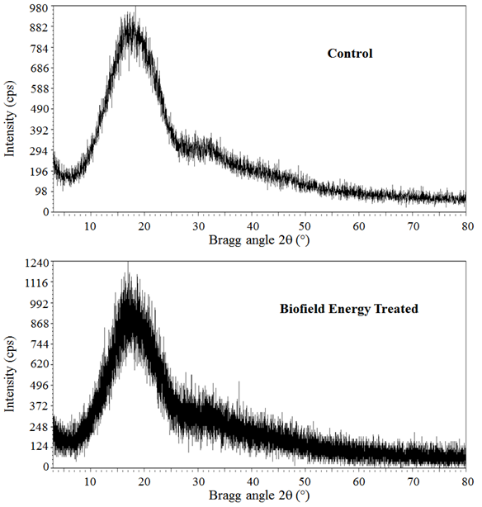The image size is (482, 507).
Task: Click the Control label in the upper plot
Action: pos(350,54)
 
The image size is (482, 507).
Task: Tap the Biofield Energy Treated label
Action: pos(349,309)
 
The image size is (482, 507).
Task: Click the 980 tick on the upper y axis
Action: pos(40,7)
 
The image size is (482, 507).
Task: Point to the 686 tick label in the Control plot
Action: pos(40,69)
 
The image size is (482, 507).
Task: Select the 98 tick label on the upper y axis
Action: pos(43,192)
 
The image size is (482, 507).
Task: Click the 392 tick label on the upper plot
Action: pos(40,130)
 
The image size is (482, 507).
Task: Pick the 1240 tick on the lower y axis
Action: pos(37,263)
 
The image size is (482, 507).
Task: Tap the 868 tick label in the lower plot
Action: pos(40,324)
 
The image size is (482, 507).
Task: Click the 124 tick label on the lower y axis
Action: pos(40,447)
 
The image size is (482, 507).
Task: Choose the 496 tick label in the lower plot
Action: pos(40,385)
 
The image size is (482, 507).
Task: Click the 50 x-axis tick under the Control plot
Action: pos(305,226)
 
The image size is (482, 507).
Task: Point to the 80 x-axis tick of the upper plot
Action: pos(467,226)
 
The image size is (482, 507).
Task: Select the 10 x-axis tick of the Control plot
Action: pos(90,226)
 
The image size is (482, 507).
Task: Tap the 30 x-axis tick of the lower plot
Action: pos(198,481)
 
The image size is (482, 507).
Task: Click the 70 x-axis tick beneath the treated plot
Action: pos(413,481)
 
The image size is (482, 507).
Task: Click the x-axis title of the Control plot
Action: pos(259,240)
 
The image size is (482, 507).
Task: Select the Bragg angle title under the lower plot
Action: pos(259,495)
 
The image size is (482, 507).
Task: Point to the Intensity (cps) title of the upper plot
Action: pos(10,118)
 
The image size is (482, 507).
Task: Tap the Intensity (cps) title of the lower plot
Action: pos(10,374)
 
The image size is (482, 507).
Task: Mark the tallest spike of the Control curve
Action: pos(135,7)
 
